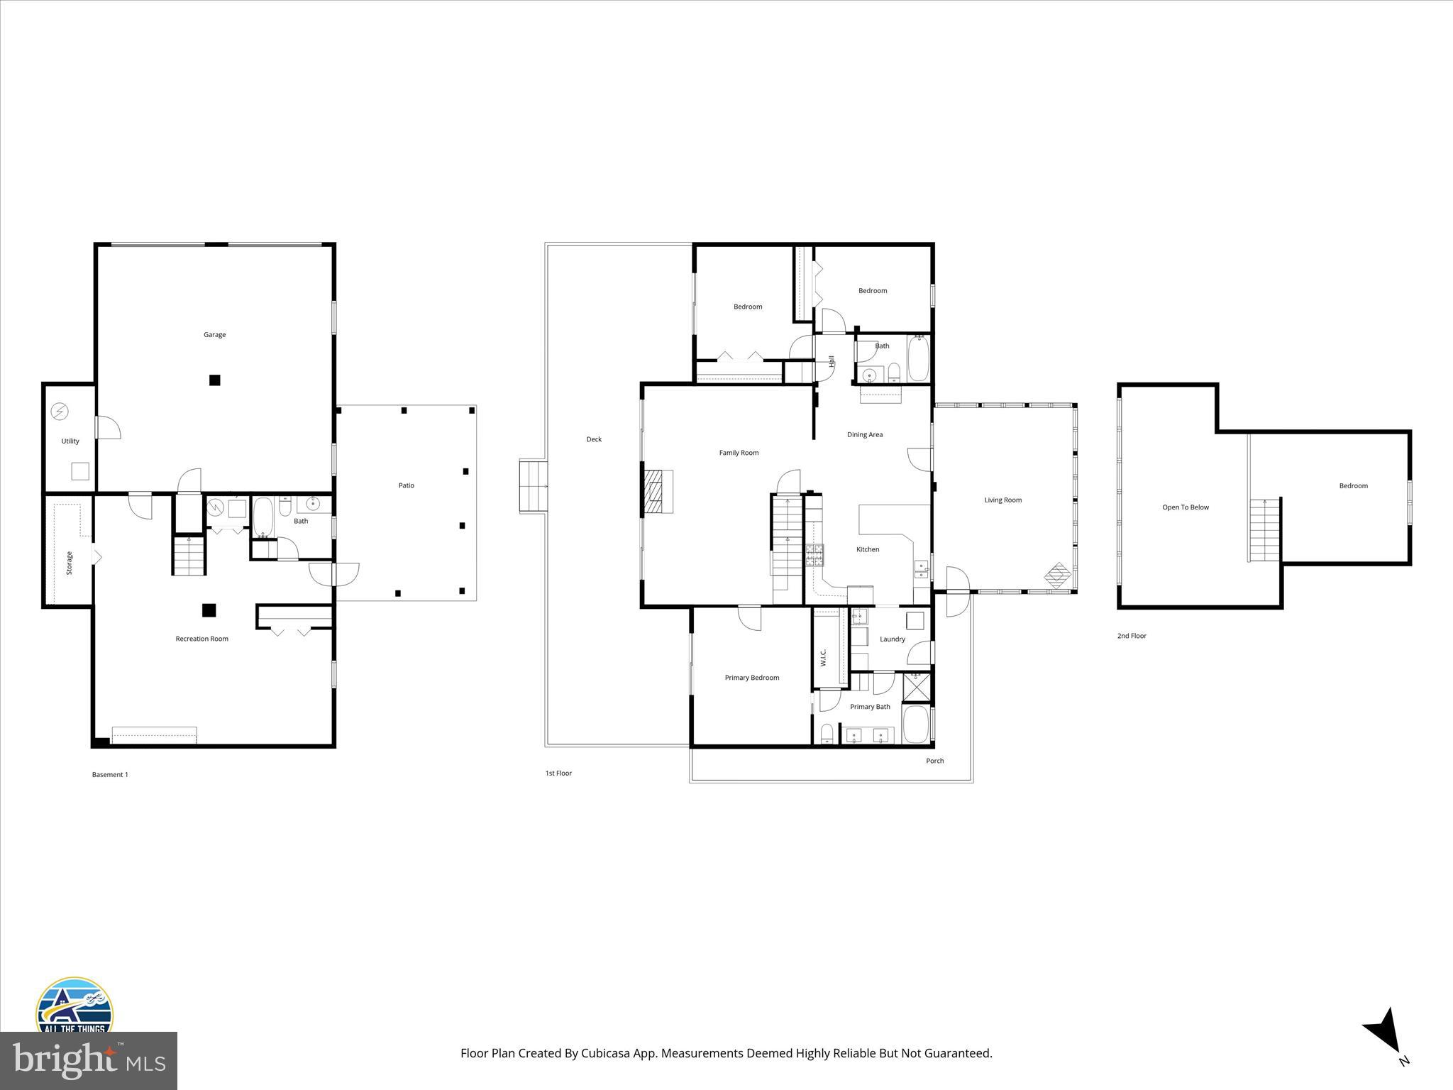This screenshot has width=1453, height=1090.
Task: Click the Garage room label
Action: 214,334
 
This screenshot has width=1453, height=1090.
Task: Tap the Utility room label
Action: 70,441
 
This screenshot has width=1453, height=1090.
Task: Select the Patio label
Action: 406,485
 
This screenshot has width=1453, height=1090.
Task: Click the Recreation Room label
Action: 202,639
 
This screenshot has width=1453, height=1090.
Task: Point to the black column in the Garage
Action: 214,380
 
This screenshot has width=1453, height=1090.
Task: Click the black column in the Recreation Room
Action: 209,610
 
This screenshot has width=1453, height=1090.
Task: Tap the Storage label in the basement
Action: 70,563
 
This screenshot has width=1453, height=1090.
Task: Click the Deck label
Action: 594,439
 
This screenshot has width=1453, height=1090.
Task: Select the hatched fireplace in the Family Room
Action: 658,492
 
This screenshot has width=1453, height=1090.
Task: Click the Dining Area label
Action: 865,434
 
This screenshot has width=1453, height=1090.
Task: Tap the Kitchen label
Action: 867,549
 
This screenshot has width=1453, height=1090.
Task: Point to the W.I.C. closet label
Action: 823,657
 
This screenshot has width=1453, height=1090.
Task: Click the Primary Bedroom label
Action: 751,678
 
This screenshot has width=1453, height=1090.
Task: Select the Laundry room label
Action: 892,639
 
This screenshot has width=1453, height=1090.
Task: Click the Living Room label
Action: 1002,500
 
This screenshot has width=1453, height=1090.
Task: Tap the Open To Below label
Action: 1185,507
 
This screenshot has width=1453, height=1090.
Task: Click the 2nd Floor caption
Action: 1132,636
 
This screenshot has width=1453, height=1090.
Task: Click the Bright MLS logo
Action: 89,1061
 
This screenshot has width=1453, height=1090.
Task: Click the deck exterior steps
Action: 533,486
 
